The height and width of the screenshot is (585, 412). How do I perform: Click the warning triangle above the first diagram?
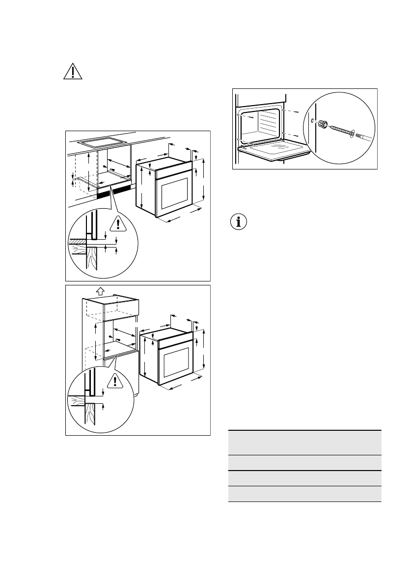pyautogui.click(x=72, y=72)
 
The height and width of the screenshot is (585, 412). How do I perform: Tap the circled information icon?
pyautogui.click(x=239, y=222)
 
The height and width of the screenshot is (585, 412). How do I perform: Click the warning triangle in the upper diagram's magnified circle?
pyautogui.click(x=117, y=224)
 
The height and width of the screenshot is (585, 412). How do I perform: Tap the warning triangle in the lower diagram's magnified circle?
pyautogui.click(x=115, y=381)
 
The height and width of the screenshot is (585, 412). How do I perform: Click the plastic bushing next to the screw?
pyautogui.click(x=322, y=124)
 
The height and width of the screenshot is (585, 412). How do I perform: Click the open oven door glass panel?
pyautogui.click(x=273, y=152)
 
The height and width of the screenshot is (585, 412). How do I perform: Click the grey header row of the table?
pyautogui.click(x=304, y=443)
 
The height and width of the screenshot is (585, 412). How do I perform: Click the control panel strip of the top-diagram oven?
pyautogui.click(x=171, y=170)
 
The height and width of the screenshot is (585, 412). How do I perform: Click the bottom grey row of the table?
pyautogui.click(x=304, y=494)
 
